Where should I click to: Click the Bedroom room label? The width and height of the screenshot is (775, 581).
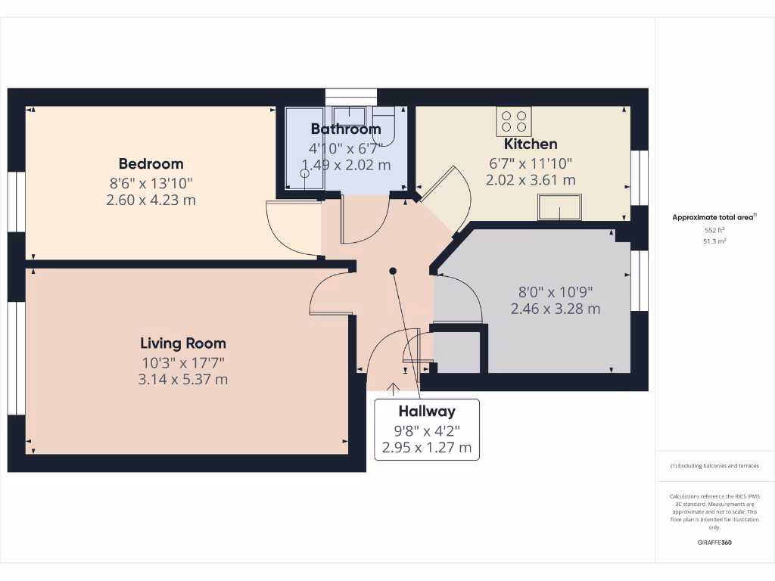[151, 163]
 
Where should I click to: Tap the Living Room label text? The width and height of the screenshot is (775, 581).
[183, 343]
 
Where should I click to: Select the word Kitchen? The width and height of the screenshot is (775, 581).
[531, 144]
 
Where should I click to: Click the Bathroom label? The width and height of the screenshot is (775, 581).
[346, 129]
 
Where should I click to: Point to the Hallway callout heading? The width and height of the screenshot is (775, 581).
[427, 412]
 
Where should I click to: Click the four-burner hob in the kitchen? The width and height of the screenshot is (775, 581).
[515, 121]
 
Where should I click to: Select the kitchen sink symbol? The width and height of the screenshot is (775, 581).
[560, 207]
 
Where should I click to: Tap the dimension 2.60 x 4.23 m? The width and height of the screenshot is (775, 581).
[151, 200]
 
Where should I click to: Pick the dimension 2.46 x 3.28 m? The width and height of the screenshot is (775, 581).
[556, 309]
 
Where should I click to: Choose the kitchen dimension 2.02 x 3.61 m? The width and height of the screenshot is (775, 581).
[531, 180]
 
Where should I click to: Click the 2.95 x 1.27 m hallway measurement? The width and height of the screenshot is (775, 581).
[427, 448]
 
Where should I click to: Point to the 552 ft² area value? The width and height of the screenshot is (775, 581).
[714, 230]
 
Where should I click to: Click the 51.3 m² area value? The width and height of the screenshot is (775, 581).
[714, 241]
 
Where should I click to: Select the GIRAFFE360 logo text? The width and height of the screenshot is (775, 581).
[714, 542]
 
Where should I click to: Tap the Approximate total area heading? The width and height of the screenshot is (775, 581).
[714, 218]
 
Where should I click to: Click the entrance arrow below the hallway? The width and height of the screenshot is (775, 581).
[394, 389]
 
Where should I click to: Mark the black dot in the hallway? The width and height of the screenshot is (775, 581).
[393, 271]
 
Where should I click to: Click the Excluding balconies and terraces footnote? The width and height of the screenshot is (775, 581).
[714, 466]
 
